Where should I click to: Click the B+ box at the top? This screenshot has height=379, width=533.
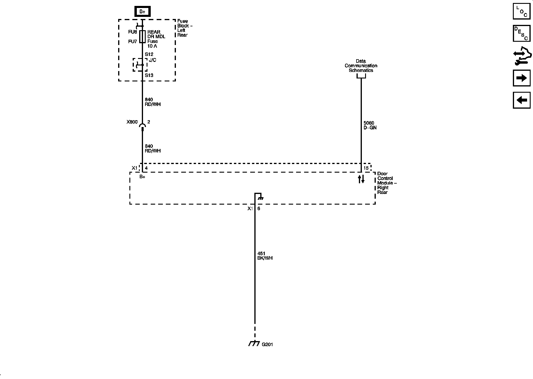coord(142,12)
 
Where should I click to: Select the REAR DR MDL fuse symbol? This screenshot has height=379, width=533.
coord(142,36)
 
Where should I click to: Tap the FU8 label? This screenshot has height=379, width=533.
coord(132,32)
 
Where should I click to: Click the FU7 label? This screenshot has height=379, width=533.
coord(132,41)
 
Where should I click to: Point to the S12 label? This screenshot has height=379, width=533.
coord(149,54)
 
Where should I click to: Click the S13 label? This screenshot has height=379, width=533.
coord(149,75)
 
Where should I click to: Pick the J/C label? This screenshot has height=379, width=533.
coord(152,60)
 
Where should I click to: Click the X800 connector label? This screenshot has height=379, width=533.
coord(132,122)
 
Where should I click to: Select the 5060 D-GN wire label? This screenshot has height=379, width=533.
coord(370,125)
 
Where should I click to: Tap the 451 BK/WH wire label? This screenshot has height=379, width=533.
coord(265,256)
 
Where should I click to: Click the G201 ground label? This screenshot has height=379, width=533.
coord(267,345)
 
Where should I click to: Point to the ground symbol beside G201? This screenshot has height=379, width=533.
coord(254,344)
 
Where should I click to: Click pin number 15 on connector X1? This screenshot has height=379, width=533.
coord(366,168)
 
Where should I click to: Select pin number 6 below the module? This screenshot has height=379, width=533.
coord(259,208)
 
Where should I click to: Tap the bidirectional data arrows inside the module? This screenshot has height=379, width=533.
coord(361,179)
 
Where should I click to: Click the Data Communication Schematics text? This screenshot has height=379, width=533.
coord(361,66)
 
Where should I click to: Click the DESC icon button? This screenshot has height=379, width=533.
coord(521,33)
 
